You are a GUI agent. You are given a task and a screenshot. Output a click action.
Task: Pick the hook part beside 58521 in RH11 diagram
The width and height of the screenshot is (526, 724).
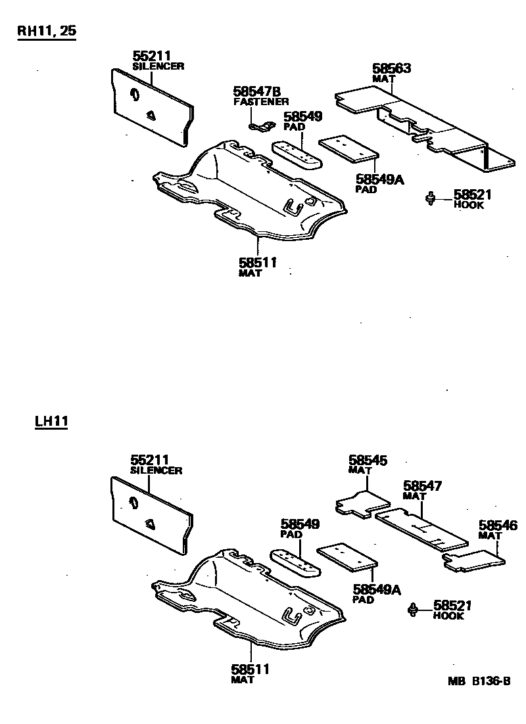pyautogui.click(x=431, y=197)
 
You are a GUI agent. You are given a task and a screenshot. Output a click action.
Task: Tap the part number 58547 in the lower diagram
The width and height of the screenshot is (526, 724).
pyautogui.click(x=422, y=486)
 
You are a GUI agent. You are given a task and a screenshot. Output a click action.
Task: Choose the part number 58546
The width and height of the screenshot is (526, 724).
pyautogui.click(x=498, y=526)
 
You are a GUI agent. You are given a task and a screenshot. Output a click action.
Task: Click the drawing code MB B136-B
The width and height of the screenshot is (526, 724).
pyautogui.click(x=479, y=681)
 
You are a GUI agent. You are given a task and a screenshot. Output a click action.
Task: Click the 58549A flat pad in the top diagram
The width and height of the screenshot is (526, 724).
pyautogui.click(x=348, y=150)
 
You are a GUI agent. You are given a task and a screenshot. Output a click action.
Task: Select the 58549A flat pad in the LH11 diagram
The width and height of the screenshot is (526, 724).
pyautogui.click(x=347, y=556)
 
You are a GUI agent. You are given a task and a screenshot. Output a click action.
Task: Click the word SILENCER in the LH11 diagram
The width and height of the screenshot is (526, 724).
pyautogui.click(x=156, y=470)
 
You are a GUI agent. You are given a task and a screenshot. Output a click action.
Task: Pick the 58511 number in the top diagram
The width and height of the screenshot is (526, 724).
pyautogui.click(x=258, y=263)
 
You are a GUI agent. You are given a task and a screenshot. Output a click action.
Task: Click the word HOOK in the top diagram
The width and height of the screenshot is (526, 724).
pyautogui.click(x=469, y=205)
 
